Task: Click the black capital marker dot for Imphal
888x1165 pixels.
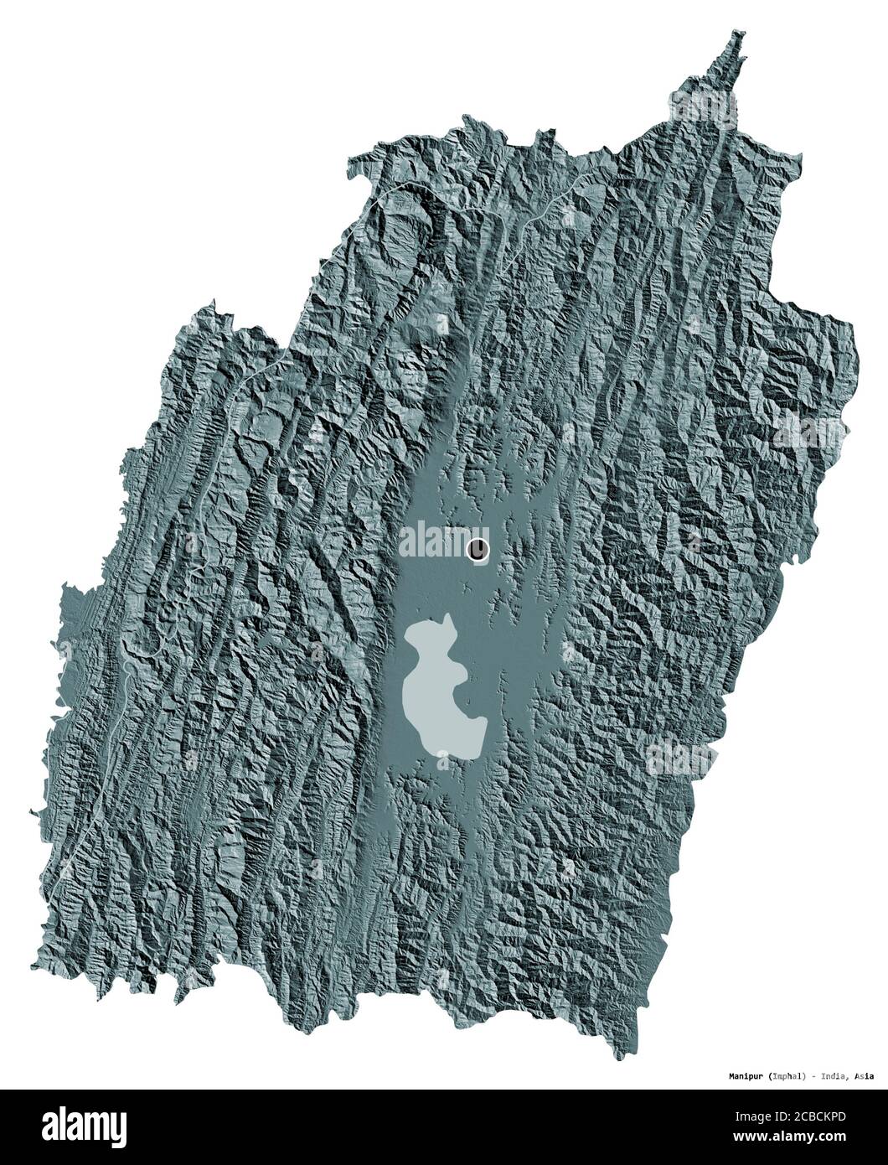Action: point(478,549)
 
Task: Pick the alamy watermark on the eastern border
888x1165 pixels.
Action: point(808,432)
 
